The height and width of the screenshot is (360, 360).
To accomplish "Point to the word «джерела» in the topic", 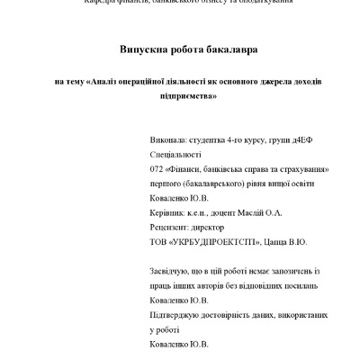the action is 264,81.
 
